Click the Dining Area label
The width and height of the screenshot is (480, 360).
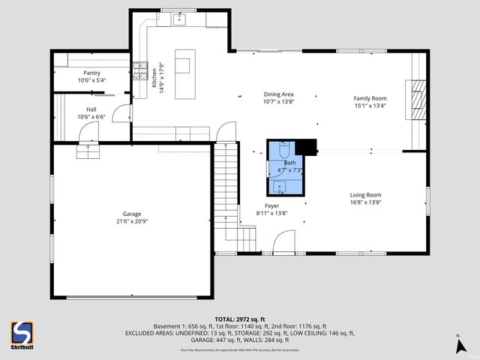click(278, 94)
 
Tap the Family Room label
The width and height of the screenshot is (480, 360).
click(370, 98)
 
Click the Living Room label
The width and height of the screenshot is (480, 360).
click(365, 195)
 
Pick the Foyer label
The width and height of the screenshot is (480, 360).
click(271, 205)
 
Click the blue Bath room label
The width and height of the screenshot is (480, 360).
click(289, 162)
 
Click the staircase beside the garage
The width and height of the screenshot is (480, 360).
click(226, 195)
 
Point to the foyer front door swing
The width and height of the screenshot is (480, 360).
click(282, 243)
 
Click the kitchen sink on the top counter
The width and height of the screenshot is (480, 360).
click(180, 20)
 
